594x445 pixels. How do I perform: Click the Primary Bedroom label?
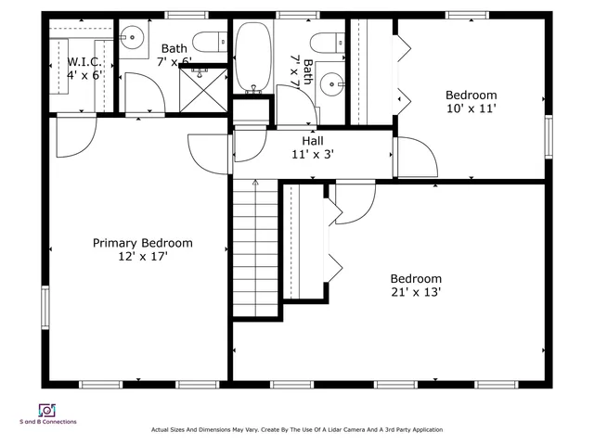click(142, 243)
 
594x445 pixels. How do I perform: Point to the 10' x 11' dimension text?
click(471, 108)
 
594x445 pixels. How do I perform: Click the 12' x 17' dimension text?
click(142, 257)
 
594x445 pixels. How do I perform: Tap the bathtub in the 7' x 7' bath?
click(252, 57)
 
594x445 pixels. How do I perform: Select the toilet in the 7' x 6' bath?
click(213, 41)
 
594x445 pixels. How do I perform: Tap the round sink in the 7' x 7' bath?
click(330, 85)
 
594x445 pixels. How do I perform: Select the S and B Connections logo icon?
click(46, 409)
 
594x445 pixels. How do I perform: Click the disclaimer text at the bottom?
click(297, 430)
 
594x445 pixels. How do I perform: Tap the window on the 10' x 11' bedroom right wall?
click(549, 133)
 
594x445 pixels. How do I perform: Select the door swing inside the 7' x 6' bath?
click(140, 92)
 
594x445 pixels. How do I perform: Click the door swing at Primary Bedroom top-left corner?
click(71, 135)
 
